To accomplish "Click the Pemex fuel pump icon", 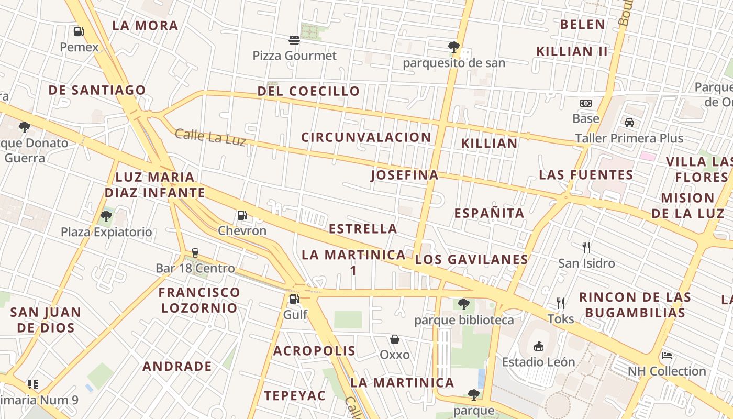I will click(x=79, y=31).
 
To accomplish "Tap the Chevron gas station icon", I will click(x=242, y=215).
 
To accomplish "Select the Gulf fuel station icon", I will click(x=295, y=299).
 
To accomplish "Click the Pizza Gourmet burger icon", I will click(x=294, y=40).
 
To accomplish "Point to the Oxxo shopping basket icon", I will click(x=395, y=339).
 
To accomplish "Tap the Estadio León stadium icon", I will click(x=538, y=346).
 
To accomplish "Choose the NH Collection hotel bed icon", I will click(x=667, y=355).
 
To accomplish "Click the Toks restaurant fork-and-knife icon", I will click(x=561, y=303).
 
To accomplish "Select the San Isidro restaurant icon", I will click(x=586, y=247).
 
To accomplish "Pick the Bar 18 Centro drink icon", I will click(x=195, y=253).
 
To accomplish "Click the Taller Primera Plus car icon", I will click(x=629, y=123).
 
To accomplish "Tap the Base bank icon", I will click(x=586, y=103).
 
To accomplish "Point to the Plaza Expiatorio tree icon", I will click(x=106, y=216).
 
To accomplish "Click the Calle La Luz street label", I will click(x=210, y=137).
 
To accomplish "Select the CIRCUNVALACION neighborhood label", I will click(x=366, y=137).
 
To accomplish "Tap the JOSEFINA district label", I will click(x=405, y=175).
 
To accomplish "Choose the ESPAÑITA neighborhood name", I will click(x=489, y=213).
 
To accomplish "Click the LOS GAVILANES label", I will click(x=471, y=259).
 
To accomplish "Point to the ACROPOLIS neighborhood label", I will click(x=314, y=350).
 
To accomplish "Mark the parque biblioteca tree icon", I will click(x=463, y=304).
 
